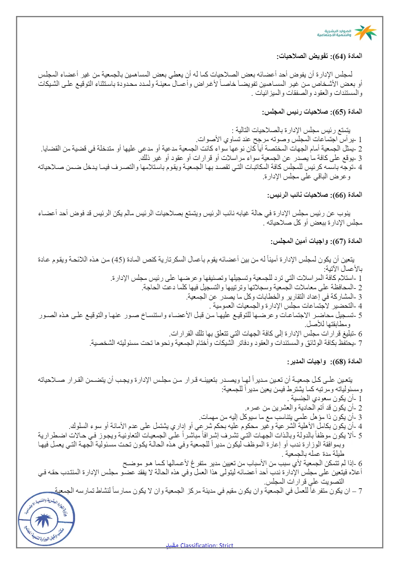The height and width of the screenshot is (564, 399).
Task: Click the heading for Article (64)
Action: click(x=319, y=56)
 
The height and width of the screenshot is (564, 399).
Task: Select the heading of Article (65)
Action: click(x=312, y=112)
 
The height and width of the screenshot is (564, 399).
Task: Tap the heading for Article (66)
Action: click(x=315, y=195)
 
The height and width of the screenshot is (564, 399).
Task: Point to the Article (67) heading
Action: click(x=316, y=241)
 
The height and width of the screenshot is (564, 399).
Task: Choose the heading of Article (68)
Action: click(x=324, y=361)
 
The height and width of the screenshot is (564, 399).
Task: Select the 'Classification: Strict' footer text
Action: click(x=207, y=545)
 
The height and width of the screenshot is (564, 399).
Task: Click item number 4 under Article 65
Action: click(x=360, y=167)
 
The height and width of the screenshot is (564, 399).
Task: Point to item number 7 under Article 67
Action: click(x=360, y=343)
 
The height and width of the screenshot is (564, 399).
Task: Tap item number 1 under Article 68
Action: click(x=360, y=398)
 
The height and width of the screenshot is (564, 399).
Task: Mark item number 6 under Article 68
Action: click(x=360, y=463)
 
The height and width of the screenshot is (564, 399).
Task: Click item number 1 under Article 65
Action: click(x=360, y=139)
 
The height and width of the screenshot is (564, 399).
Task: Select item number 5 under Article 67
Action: click(x=360, y=315)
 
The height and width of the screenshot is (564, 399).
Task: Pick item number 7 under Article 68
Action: click(x=360, y=491)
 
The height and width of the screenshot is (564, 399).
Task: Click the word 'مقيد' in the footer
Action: click(x=172, y=545)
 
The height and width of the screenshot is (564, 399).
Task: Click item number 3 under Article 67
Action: click(x=360, y=297)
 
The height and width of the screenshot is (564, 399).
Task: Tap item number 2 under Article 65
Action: click(x=360, y=149)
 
